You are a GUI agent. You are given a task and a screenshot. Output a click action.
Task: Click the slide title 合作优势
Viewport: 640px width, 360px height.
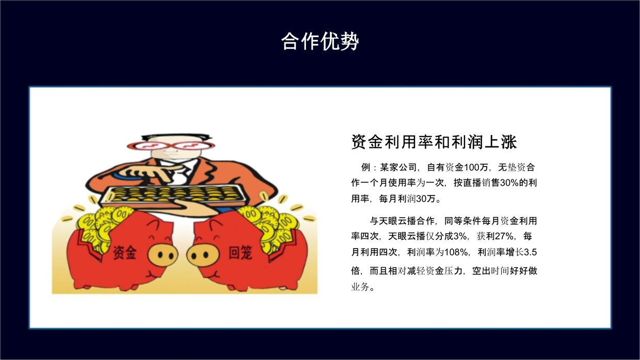(320, 41)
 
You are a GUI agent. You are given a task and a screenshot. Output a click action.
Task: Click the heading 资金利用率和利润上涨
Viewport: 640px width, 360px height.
(434, 142)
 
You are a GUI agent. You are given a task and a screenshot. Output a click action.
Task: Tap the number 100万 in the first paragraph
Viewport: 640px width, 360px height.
(476, 167)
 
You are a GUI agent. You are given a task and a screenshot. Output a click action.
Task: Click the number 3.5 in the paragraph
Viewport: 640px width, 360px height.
(530, 252)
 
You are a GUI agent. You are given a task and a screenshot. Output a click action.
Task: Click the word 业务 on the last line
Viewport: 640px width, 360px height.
(360, 287)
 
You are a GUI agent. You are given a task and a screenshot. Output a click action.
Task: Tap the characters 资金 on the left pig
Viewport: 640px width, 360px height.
(124, 252)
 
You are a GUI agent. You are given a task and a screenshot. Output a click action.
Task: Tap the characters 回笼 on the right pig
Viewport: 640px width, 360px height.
(241, 252)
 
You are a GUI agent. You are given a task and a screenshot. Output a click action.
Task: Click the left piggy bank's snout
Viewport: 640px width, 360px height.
(163, 255)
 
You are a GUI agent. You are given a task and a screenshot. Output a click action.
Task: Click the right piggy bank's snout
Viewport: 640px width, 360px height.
(202, 255)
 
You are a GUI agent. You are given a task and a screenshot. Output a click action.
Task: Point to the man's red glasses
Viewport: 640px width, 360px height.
(171, 145)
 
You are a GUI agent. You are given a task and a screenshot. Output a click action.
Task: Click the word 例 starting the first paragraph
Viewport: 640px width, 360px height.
(365, 167)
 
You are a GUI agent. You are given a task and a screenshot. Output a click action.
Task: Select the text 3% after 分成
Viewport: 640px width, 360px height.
(460, 236)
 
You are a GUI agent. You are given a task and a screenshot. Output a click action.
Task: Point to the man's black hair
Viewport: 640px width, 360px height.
(174, 137)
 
